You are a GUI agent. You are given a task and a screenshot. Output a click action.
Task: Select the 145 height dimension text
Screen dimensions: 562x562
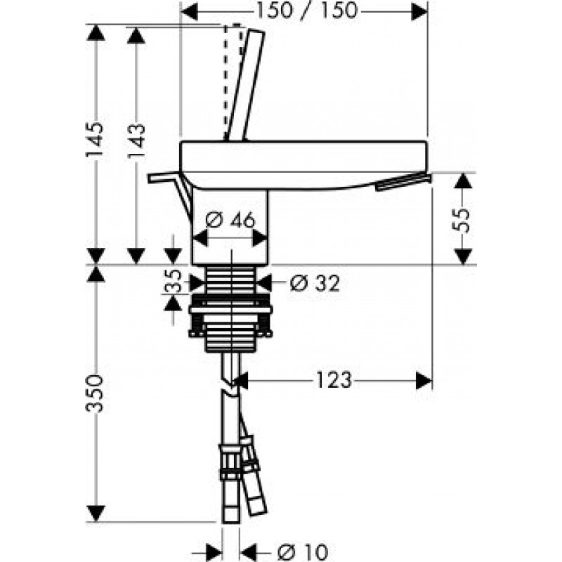[x=95, y=139]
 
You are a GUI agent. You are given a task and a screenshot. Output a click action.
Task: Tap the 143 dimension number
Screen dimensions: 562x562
[x=136, y=141]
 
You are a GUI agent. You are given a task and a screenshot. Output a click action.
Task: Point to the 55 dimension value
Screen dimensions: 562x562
[x=462, y=220]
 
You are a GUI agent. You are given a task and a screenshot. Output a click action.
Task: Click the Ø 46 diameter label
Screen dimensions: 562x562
[x=230, y=219]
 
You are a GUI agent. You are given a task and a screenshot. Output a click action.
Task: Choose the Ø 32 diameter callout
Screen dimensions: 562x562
[x=315, y=283]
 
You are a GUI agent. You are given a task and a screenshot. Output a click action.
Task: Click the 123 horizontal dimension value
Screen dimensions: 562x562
[x=334, y=380]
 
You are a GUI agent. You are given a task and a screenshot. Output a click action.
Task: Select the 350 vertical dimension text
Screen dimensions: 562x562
[x=95, y=393]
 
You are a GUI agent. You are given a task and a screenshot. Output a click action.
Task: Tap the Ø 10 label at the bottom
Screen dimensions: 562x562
[x=303, y=551]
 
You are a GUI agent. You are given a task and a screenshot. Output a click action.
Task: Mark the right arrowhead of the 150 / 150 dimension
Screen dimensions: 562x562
[x=419, y=12]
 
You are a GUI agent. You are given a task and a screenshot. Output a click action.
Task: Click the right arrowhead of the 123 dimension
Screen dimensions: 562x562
[x=424, y=380]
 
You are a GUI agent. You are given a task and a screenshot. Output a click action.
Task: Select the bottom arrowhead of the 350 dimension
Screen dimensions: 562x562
[x=96, y=514]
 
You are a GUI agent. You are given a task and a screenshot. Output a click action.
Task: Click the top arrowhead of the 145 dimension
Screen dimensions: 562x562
[x=96, y=32]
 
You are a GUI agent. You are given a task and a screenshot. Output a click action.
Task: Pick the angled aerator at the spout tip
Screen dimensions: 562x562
[x=403, y=182]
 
